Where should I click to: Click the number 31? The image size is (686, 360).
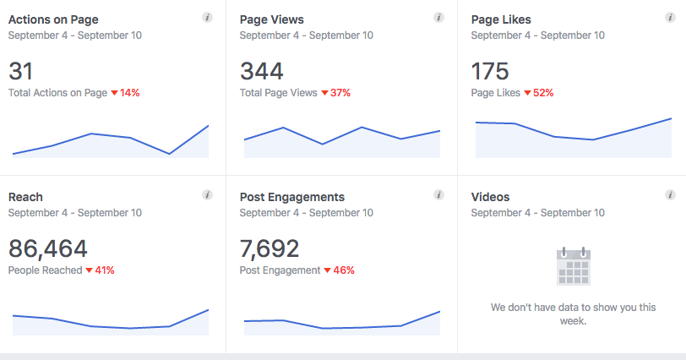click(x=22, y=70)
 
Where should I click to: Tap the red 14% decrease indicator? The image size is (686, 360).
click(x=125, y=93)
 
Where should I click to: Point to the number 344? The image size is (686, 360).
click(x=263, y=70)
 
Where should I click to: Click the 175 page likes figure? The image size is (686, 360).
click(x=491, y=70)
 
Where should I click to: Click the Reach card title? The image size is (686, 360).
click(x=25, y=197)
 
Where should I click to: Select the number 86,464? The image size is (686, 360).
click(x=48, y=248)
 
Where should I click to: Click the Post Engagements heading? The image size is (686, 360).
click(x=291, y=197)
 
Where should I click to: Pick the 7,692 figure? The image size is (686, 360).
click(x=269, y=248)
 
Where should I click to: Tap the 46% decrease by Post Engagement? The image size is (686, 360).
click(x=339, y=270)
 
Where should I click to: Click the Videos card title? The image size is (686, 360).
click(x=490, y=197)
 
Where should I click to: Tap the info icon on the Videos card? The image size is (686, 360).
click(x=669, y=195)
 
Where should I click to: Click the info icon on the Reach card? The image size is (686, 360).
click(x=207, y=195)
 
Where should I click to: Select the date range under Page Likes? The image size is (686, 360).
click(x=537, y=35)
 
